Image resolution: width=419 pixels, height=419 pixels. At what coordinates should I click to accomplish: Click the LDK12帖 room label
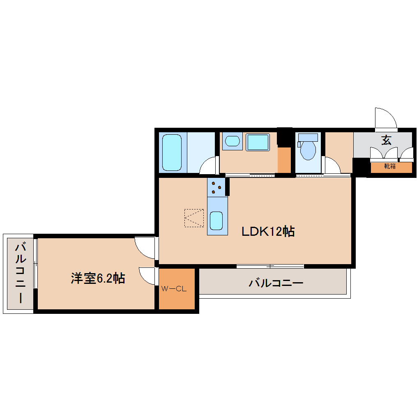pos(267,232)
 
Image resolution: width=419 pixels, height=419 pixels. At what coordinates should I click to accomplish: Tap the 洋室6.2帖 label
pos(98,279)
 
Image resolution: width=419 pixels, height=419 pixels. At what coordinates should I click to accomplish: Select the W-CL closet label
pos(174,289)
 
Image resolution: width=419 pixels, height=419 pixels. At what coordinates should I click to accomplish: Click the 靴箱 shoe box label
pos(390,166)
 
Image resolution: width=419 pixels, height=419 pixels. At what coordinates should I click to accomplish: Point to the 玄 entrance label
pos(386,140)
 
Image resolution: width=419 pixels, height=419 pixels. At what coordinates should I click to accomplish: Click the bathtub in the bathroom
pos(171,152)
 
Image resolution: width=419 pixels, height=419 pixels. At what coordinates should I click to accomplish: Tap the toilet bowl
pos(308,150)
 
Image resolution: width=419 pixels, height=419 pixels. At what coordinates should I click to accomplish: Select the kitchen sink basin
pos(216,221)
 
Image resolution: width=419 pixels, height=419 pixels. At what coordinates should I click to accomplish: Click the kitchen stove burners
pos(216,188)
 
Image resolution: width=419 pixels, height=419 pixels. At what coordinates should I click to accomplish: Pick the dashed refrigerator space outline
pos(194,218)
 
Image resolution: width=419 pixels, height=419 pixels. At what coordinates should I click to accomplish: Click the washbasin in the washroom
pos(232,142)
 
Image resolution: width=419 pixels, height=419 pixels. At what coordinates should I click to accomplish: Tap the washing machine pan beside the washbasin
pos(258,142)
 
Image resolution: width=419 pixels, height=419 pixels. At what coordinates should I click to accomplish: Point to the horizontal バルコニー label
pos(276,283)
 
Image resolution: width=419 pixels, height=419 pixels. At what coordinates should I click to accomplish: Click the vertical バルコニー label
pos(21,273)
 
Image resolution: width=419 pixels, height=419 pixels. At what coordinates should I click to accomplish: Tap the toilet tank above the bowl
pos(308,137)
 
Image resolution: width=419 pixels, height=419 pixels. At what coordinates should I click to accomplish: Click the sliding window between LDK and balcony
pos(270,266)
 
